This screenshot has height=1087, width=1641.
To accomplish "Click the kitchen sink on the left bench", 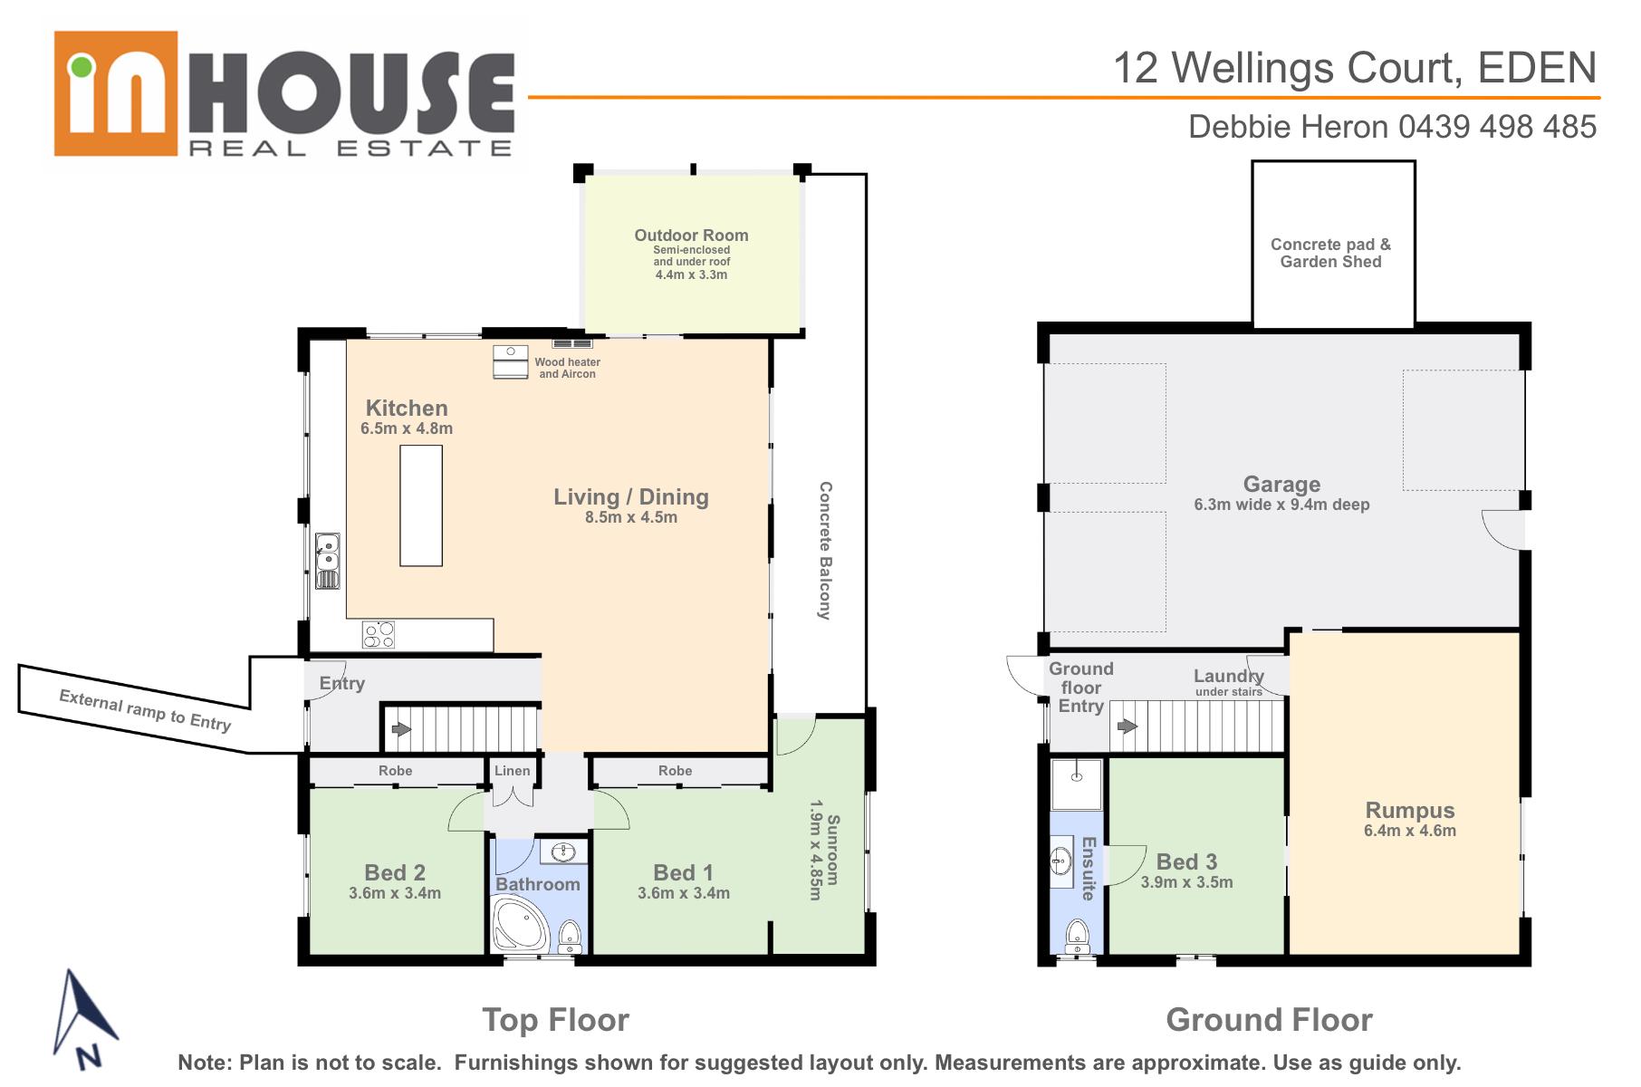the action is (327, 561).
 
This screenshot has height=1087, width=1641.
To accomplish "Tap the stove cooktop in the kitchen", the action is (379, 634).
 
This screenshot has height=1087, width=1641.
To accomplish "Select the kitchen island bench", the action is (421, 505).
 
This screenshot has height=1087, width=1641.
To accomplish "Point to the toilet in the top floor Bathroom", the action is (569, 937).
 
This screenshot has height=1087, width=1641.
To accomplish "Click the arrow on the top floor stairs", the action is (400, 728).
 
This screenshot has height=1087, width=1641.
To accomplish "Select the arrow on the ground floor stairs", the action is (1128, 726).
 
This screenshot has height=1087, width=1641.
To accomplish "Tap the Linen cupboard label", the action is (513, 771).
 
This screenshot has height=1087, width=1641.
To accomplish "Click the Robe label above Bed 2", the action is (395, 771).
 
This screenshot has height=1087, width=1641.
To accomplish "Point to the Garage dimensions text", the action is (1281, 505).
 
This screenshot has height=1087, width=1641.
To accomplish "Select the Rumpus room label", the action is (1410, 811).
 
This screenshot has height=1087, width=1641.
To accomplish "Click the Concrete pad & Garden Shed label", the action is (1330, 253).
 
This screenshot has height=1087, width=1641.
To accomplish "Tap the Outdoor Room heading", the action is (691, 236).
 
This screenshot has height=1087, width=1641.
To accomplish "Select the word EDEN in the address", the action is (1537, 68).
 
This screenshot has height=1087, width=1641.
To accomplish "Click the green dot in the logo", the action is (82, 66).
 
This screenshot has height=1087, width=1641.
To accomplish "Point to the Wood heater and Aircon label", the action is (567, 368).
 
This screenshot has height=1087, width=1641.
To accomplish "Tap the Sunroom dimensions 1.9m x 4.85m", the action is (815, 850).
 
